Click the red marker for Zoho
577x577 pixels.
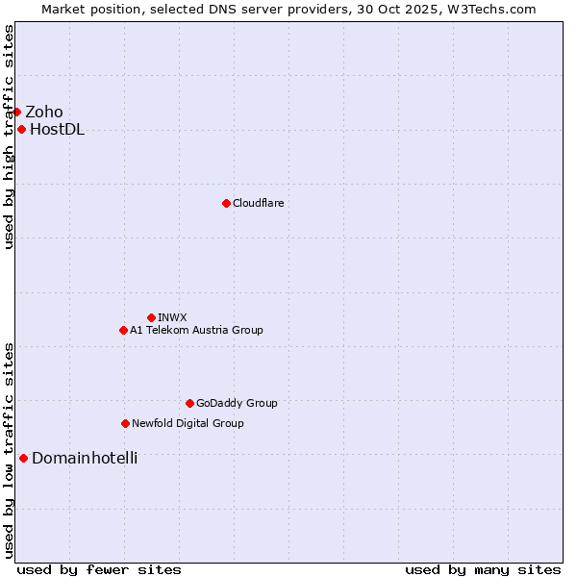[x=16, y=112]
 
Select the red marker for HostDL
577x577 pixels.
[x=21, y=129]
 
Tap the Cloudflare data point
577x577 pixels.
[x=226, y=203]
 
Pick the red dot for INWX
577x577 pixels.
[x=151, y=317]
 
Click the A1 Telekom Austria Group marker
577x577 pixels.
[x=123, y=330]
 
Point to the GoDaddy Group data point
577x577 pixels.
[x=189, y=403]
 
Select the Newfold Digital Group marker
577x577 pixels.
[x=125, y=423]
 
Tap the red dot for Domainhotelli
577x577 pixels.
[x=23, y=458]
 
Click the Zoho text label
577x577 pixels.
[x=44, y=112]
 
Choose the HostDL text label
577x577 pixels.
[x=57, y=130]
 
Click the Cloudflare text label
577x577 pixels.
[x=258, y=203]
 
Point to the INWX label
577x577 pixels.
[x=172, y=317]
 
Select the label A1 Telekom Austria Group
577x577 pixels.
[x=196, y=330]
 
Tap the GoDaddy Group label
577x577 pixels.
[x=237, y=403]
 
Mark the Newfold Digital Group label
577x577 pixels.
[x=188, y=423]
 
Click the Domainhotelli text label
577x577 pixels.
[x=85, y=458]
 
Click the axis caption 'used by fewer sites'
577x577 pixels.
[x=99, y=569]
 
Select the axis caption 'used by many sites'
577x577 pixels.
[x=483, y=569]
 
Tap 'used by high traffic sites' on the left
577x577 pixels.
[x=9, y=137]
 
